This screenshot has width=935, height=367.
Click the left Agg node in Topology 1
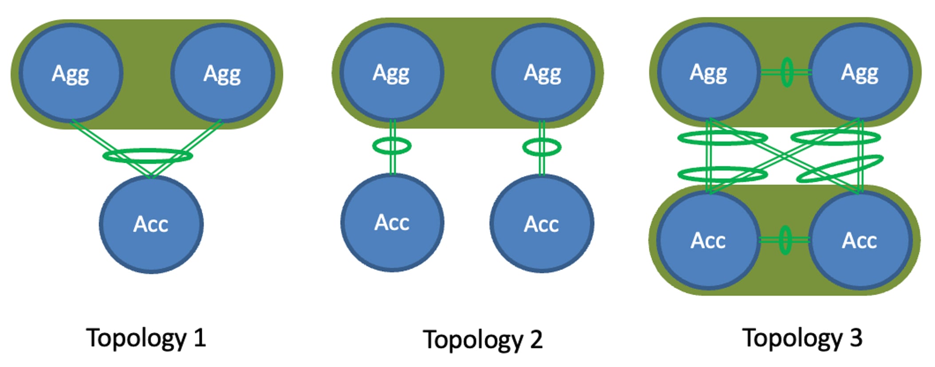tap(71, 73)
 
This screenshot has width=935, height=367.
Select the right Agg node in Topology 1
tap(222, 73)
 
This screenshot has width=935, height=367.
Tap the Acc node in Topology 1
tap(151, 224)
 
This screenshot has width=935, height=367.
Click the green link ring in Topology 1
tap(148, 156)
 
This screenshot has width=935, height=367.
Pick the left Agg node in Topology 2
tap(392, 72)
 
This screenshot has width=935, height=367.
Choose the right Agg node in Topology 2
tap(543, 72)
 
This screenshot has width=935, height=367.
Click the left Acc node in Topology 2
tap(392, 222)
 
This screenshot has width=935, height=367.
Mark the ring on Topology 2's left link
tap(392, 146)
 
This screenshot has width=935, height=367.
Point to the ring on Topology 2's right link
tap(542, 147)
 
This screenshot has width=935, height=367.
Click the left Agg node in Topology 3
tap(708, 72)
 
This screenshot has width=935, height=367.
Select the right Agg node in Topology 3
tap(860, 72)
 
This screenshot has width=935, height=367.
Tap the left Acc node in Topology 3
tap(708, 240)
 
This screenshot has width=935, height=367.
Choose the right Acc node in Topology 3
tap(860, 240)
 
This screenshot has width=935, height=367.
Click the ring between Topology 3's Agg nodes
tap(787, 72)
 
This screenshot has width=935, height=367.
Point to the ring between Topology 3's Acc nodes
tap(785, 240)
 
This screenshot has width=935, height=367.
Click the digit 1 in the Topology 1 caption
tap(200, 338)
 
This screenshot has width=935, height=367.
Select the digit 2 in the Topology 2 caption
tap(536, 340)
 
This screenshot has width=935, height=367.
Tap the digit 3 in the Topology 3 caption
tap(856, 338)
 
